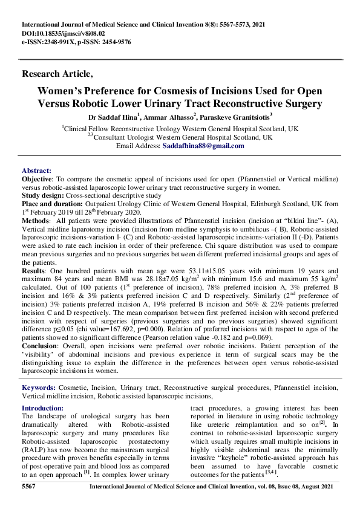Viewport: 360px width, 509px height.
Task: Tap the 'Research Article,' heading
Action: [x=57, y=74]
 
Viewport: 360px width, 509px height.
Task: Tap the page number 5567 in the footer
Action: [x=30, y=487]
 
